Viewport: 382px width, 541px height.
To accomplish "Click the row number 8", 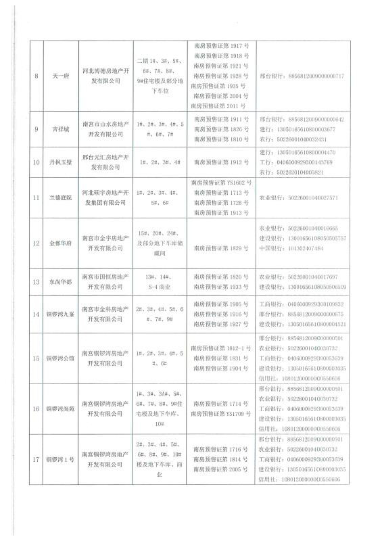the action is click(35, 76).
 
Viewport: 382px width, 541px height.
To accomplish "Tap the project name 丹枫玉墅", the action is click(59, 162).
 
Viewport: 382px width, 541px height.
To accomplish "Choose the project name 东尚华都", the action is click(59, 281).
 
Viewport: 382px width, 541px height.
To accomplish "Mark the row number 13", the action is click(35, 281).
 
